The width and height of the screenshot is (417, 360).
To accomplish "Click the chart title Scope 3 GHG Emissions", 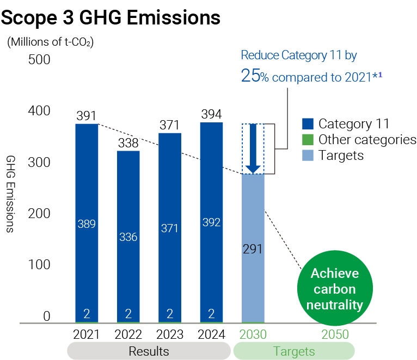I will coord(111,17).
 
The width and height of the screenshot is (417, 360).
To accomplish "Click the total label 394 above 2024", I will coord(211,114).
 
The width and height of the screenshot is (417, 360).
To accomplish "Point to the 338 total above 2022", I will coord(128,143).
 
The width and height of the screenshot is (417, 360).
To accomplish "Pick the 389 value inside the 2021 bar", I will coord(87,224).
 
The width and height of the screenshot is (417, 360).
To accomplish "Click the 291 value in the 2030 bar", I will coord(253,249).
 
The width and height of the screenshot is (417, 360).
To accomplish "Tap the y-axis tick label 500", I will coord(39,59).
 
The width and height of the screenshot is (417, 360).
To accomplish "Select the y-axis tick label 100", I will coord(39,265).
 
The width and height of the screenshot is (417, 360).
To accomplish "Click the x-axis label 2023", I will coord(170,334).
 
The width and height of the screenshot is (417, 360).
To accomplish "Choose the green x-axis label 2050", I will coord(335,334).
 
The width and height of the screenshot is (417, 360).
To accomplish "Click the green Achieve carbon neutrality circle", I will coord(334,288).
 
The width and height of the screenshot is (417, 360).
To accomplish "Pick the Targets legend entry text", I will coord(341,156).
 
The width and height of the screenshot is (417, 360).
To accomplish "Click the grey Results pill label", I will coord(149,351).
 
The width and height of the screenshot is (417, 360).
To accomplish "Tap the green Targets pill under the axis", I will coord(293,351).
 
